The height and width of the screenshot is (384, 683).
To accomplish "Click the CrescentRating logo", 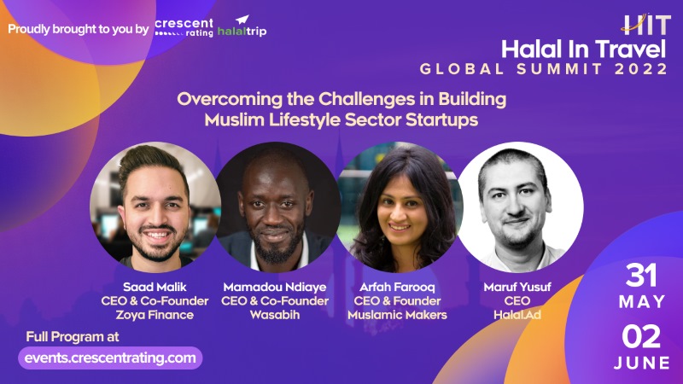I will point(184,27).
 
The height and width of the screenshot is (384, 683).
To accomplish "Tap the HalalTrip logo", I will point(243,27).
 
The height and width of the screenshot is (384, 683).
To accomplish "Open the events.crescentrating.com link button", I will point(110,358).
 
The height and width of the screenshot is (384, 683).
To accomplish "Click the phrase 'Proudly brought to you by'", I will point(79,28).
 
